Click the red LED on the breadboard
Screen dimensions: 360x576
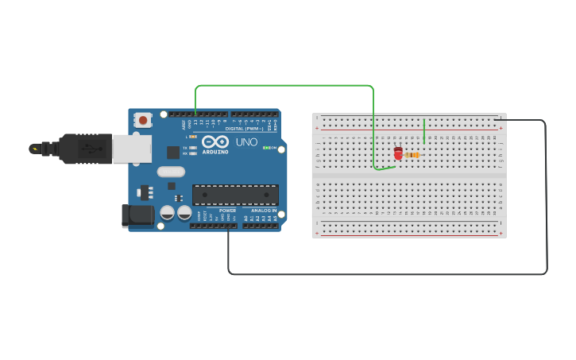point(398,153)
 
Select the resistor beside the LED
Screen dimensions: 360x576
point(412,155)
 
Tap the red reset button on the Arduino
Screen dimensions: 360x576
point(143,120)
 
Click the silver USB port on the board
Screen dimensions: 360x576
point(131,149)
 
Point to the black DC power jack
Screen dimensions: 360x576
point(137,215)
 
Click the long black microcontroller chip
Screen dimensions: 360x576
point(235,195)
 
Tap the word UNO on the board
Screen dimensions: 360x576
point(246,142)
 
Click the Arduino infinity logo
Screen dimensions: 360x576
point(215,141)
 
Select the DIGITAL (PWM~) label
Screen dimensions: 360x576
point(244,129)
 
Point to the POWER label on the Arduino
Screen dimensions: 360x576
point(227,211)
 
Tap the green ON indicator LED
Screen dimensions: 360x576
point(267,148)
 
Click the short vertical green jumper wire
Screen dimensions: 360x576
point(424,130)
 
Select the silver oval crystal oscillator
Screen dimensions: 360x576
point(171,172)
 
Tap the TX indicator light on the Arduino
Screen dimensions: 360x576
point(193,148)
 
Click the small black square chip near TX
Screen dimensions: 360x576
point(173,152)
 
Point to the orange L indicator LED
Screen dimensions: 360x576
point(193,137)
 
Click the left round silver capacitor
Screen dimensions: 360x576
point(168,212)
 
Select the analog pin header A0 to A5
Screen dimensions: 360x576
point(261,226)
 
